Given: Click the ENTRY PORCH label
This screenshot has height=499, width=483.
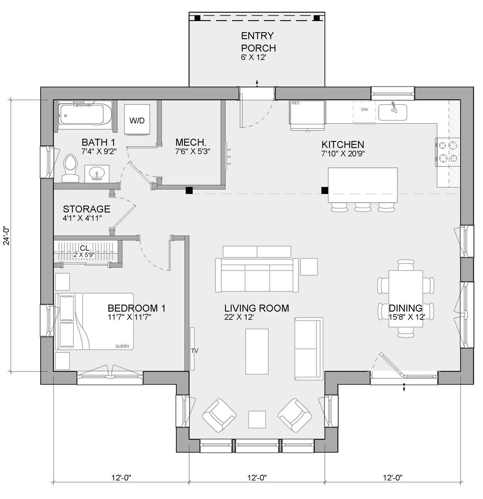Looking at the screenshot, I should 258,42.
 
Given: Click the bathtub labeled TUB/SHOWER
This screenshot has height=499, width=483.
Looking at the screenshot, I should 85,115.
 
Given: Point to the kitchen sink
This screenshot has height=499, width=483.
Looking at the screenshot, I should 393,112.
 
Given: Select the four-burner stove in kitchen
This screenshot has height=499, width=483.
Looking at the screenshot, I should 448,152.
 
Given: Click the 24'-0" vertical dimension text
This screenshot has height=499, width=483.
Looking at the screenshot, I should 6,236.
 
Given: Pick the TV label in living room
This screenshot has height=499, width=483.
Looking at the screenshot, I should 194,351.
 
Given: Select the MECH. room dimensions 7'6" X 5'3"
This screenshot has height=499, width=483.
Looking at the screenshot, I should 192,151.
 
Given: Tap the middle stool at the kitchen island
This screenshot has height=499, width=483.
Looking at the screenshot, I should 363,207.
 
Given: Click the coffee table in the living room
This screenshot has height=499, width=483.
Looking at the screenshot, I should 257,351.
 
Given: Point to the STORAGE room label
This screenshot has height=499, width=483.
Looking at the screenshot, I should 87,209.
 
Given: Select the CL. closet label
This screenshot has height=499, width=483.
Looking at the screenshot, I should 85,248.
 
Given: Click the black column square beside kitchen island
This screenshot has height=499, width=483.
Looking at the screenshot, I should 324,190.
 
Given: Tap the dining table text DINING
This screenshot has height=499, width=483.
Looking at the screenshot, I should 405,308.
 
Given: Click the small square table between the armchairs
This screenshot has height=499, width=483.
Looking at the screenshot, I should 257,419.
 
